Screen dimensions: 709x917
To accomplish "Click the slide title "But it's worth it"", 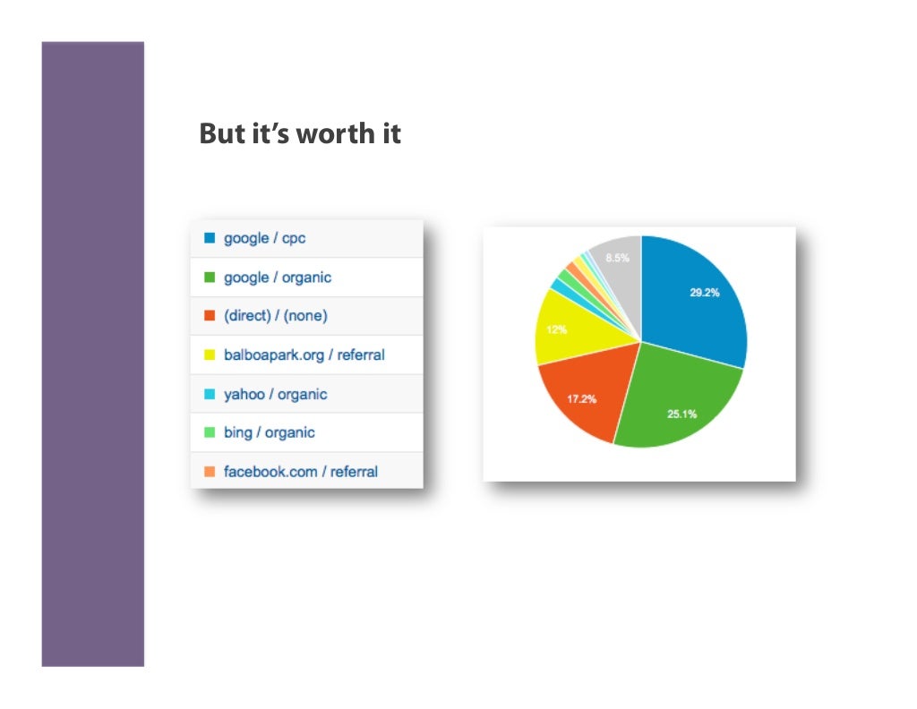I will (x=300, y=134).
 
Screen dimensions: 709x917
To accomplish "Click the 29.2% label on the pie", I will (x=704, y=293).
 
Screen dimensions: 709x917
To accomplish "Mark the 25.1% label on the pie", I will (x=683, y=414).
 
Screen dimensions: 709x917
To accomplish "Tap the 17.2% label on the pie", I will (x=583, y=399).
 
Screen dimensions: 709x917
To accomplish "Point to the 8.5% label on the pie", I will (x=617, y=258).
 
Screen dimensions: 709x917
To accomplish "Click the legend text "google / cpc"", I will (x=264, y=239).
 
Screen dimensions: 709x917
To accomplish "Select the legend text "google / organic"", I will (x=277, y=278).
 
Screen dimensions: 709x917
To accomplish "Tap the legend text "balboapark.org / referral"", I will (x=304, y=355).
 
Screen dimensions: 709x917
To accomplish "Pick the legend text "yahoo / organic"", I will (x=275, y=394).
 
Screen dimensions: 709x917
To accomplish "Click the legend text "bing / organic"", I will (x=269, y=432).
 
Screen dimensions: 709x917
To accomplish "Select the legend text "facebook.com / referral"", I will (x=300, y=472).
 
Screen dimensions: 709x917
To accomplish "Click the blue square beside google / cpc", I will (x=210, y=239).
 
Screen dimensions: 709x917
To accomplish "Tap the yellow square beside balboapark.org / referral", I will (x=210, y=355).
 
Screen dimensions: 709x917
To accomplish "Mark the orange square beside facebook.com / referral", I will (x=210, y=472).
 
